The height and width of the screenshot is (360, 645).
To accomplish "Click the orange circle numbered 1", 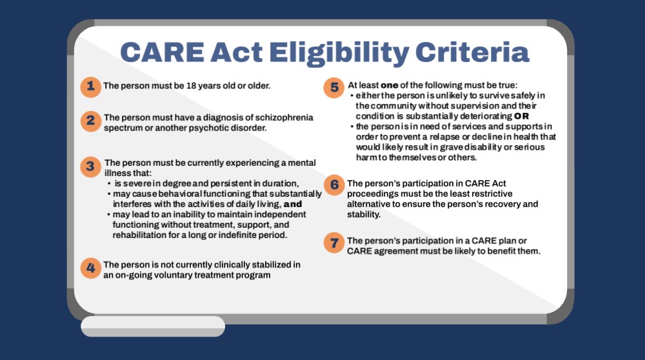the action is (90, 87).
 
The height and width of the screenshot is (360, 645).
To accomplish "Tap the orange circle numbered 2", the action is (90, 121).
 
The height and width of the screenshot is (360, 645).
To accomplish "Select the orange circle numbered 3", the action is (90, 167).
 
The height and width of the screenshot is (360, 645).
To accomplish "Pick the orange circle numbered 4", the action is (90, 268).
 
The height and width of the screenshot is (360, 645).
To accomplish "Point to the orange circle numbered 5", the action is (333, 88).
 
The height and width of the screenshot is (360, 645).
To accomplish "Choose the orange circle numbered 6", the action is (334, 185).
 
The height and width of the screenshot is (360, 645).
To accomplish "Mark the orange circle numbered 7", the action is (334, 243).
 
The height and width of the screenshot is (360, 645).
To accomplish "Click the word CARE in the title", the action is (162, 52).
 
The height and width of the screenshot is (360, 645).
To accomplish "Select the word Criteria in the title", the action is (472, 52).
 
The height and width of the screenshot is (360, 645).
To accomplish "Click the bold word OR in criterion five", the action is (521, 116).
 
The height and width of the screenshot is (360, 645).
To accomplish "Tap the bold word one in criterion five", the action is (389, 86).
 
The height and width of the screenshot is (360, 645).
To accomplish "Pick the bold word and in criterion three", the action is (293, 204).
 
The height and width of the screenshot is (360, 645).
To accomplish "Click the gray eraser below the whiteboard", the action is (153, 326).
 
